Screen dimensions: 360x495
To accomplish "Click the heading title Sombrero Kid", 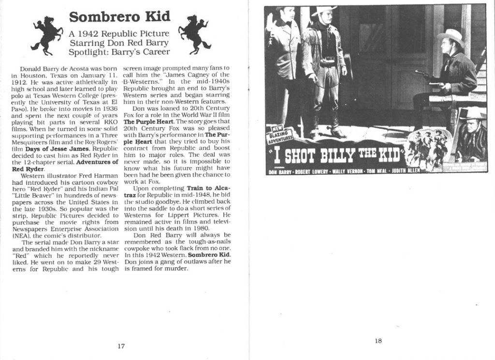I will pyautogui.click(x=119, y=17).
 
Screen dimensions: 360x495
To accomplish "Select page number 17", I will pyautogui.click(x=121, y=345).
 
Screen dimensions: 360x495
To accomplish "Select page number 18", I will pyautogui.click(x=379, y=341).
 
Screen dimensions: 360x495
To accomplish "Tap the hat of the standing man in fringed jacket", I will pyautogui.click(x=324, y=11).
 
